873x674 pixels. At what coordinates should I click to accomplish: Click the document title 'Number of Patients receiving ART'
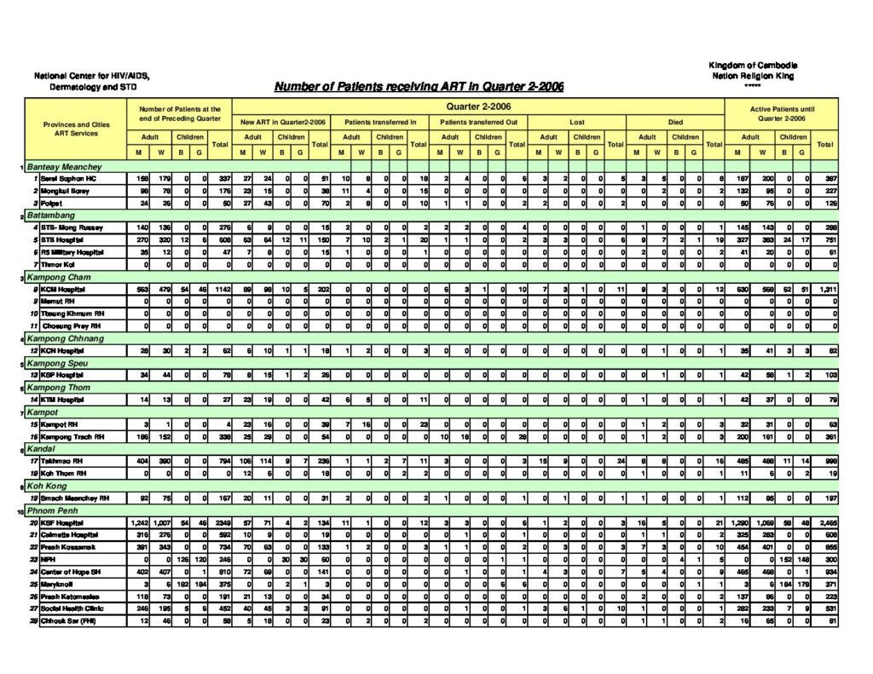pyautogui.click(x=419, y=87)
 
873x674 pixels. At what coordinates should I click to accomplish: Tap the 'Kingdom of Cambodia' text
pyautogui.click(x=752, y=66)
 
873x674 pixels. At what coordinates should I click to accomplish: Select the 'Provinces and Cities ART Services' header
pyautogui.click(x=77, y=129)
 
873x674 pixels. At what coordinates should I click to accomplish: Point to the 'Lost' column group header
pyautogui.click(x=577, y=122)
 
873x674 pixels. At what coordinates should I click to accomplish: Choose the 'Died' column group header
pyautogui.click(x=675, y=122)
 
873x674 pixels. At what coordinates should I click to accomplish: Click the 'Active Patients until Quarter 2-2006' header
pyautogui.click(x=782, y=114)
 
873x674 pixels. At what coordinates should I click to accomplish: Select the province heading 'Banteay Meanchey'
pyautogui.click(x=65, y=167)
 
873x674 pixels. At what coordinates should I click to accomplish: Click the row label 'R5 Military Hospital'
pyautogui.click(x=74, y=252)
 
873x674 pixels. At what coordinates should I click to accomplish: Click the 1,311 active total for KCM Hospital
pyautogui.click(x=824, y=289)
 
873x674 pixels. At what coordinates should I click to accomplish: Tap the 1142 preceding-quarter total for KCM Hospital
pyautogui.click(x=220, y=289)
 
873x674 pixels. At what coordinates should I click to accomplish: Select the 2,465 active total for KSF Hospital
pyautogui.click(x=824, y=522)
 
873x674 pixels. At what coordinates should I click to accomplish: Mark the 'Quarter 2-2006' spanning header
pyautogui.click(x=478, y=107)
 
